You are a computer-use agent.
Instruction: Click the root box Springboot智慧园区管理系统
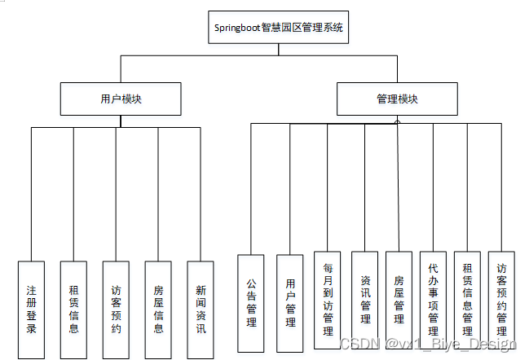(x=279, y=27)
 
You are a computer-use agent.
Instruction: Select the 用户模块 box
(x=121, y=99)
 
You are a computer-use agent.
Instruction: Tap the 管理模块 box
(x=397, y=99)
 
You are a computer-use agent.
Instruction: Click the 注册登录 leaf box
(x=32, y=310)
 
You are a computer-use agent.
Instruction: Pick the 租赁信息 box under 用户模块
(x=73, y=310)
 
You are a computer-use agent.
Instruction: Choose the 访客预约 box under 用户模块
(x=116, y=310)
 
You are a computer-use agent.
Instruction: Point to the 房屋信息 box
(x=158, y=310)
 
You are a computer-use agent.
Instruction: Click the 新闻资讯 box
(x=201, y=310)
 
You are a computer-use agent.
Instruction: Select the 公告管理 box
(x=251, y=303)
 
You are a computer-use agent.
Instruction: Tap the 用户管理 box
(x=290, y=303)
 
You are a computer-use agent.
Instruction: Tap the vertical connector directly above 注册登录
(x=32, y=195)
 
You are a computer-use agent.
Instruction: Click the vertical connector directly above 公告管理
(x=251, y=187)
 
